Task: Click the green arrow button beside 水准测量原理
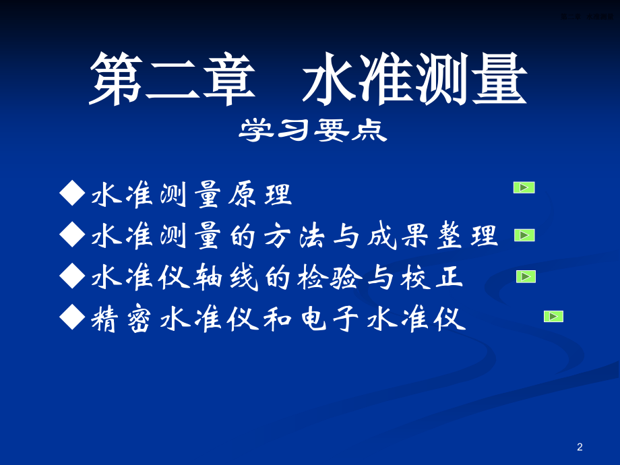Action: [524, 187]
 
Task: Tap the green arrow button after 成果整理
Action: [524, 235]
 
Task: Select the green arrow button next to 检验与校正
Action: [526, 276]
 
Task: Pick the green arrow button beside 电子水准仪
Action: [553, 316]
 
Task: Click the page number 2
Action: [580, 447]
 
